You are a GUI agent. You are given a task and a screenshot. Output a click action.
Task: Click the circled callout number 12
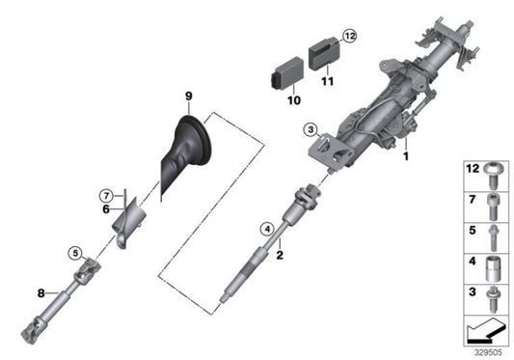[349, 36]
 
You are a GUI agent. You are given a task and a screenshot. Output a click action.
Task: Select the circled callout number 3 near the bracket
[310, 129]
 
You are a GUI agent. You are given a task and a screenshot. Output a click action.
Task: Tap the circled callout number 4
[266, 229]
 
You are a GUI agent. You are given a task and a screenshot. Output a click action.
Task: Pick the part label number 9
[190, 95]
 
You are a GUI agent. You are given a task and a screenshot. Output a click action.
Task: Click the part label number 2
[279, 256]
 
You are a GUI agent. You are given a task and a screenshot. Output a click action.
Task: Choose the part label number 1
[406, 155]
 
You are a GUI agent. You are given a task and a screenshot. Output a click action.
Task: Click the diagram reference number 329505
[486, 351]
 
